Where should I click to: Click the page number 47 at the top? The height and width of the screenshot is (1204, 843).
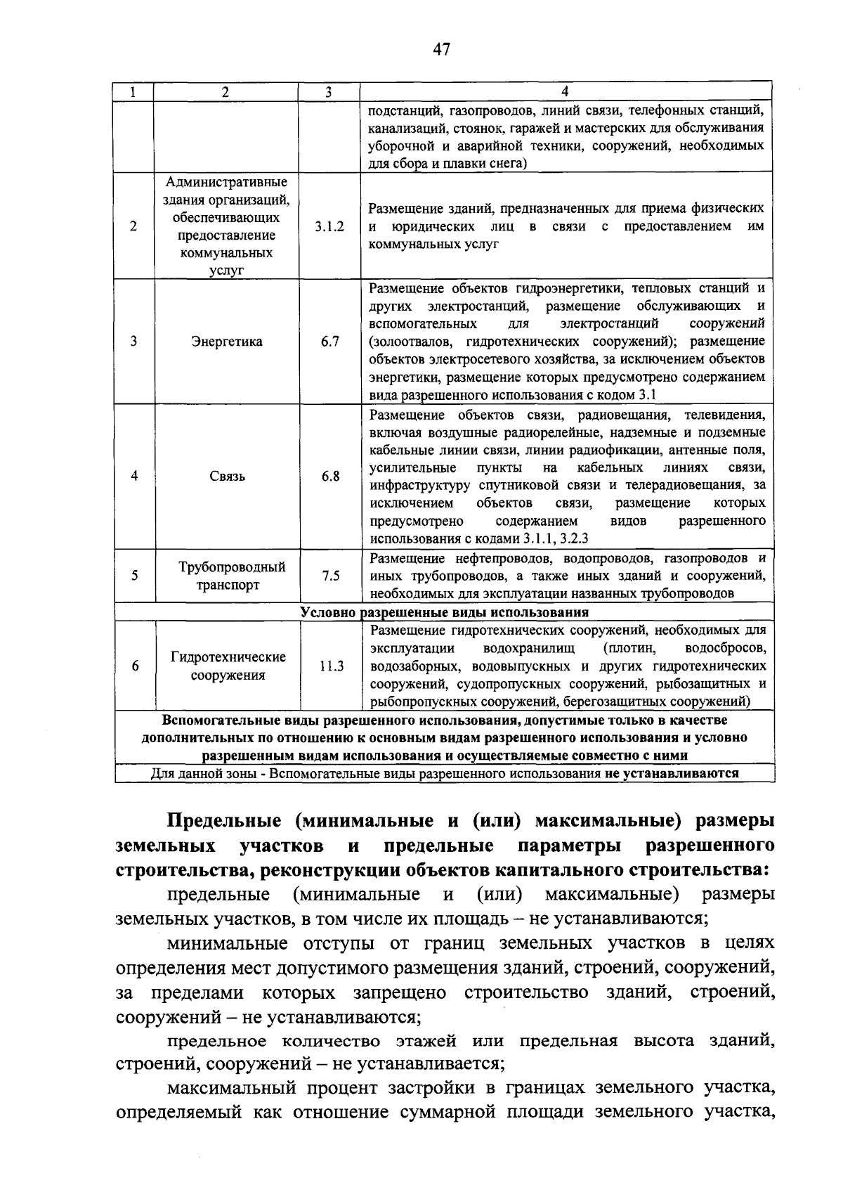coord(441,49)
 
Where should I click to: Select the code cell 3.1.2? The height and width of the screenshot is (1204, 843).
coord(329,226)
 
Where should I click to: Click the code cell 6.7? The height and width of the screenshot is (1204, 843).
coord(329,342)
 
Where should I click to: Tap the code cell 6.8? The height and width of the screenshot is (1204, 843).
coord(329,476)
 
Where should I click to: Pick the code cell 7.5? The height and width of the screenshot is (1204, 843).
coord(329,576)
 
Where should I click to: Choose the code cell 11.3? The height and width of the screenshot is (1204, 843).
coord(329,666)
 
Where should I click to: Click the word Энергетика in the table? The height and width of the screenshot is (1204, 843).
coord(227,342)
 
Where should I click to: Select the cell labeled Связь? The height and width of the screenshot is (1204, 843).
coord(227,476)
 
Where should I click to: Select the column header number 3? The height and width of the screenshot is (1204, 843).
coord(329,91)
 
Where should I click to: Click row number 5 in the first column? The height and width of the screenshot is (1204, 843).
coord(133,576)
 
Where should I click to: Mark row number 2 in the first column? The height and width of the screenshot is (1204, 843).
coord(133,226)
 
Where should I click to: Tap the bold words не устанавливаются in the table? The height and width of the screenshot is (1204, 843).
coord(670,774)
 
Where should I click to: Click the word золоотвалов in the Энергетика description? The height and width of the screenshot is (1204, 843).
coord(409,342)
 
